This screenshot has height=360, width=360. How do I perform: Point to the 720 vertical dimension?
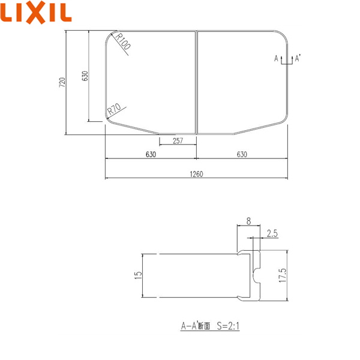(x=62, y=82)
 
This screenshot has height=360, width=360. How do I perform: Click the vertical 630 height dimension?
(x=85, y=76)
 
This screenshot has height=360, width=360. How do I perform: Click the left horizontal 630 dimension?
(x=151, y=155)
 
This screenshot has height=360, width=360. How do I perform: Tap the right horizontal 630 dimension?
(x=241, y=155)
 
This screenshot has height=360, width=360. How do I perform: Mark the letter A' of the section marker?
(x=298, y=58)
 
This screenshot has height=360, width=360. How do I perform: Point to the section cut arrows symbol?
(x=286, y=59)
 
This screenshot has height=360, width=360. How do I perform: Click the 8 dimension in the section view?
(x=248, y=221)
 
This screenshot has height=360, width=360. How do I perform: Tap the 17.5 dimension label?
(x=282, y=275)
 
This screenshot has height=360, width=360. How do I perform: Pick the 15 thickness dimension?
(x=137, y=275)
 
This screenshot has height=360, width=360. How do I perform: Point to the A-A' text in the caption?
(x=191, y=327)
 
